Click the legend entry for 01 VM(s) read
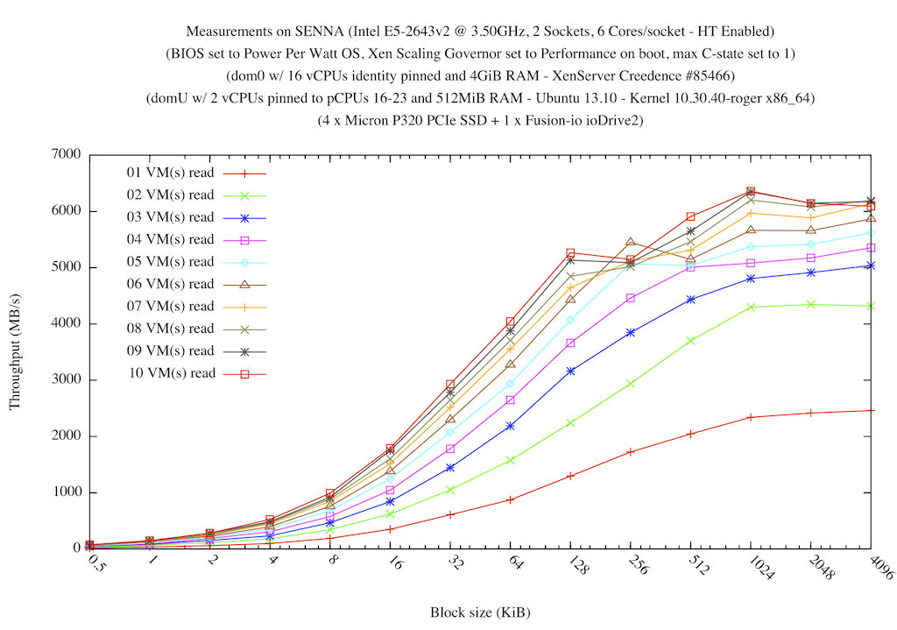tap(170, 173)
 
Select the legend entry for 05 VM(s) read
tap(170, 262)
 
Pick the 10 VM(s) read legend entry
tap(170, 373)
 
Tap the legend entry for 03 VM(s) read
tap(170, 217)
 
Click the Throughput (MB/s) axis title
tap(15, 351)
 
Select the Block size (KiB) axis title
tap(480, 612)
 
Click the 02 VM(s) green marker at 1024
tap(751, 307)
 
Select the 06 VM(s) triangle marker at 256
tap(631, 242)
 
